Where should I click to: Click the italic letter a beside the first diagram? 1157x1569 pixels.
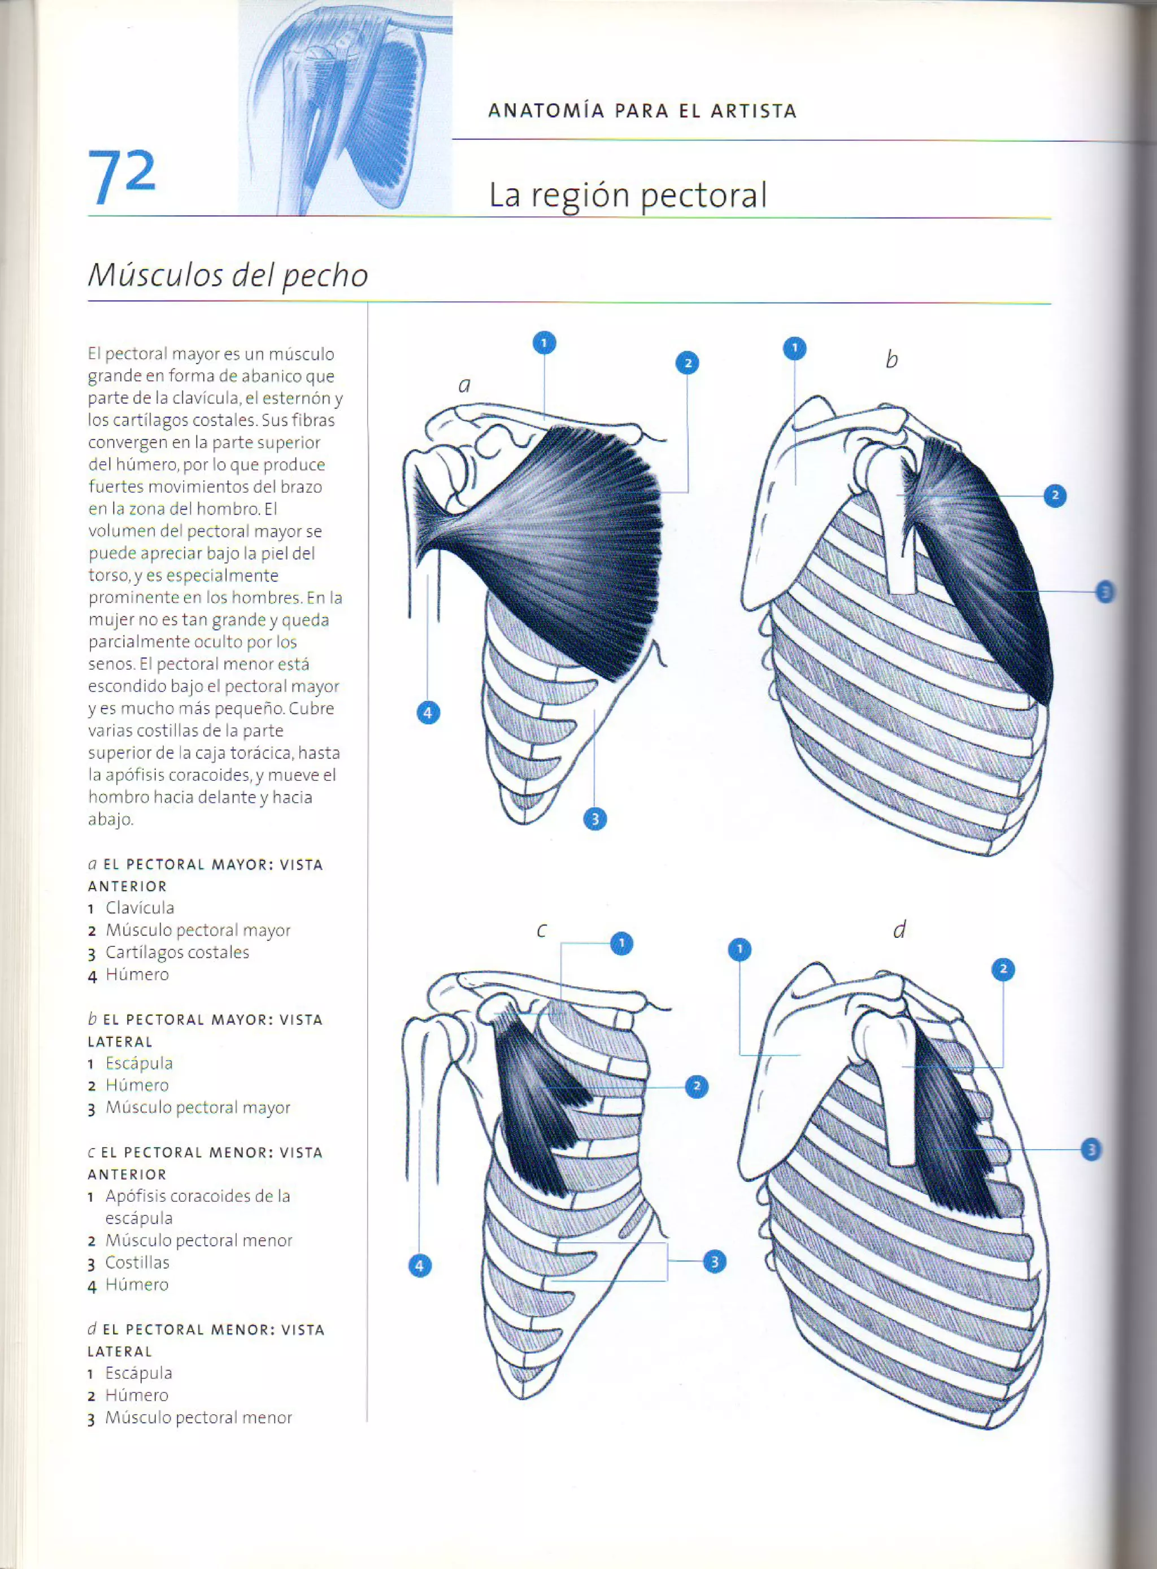[464, 385]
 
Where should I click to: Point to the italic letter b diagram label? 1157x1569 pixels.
[891, 359]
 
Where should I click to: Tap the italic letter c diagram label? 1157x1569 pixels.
[541, 930]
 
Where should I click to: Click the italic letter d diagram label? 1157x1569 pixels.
[899, 929]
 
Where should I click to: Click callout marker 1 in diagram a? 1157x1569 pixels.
[544, 342]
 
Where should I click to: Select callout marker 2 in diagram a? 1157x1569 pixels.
[687, 363]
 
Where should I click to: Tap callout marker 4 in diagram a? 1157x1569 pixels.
[428, 713]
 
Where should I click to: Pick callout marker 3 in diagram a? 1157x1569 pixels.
[595, 818]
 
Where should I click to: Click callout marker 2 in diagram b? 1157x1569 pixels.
[1055, 496]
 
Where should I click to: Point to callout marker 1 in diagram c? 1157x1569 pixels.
[621, 944]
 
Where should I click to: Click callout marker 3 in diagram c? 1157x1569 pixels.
[715, 1262]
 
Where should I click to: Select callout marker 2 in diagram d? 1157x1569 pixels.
[1003, 970]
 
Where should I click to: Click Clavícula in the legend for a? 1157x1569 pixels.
[140, 908]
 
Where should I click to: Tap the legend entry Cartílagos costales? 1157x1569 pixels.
[177, 953]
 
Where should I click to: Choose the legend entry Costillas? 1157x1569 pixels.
[137, 1262]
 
